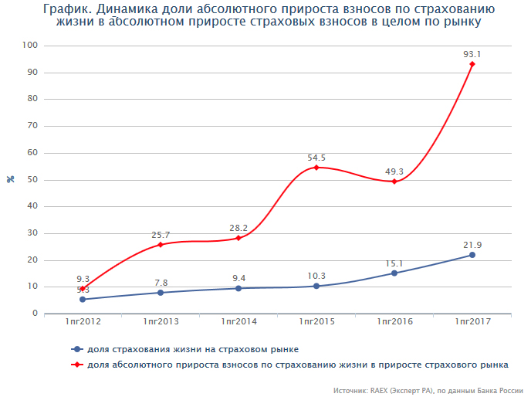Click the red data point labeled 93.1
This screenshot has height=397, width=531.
coord(472,64)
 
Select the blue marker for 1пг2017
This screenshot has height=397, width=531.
coord(472,255)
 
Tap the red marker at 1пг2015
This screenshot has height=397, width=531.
coord(316,168)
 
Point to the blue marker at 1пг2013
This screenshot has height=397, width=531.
coord(161,293)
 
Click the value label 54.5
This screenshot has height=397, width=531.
coord(316,158)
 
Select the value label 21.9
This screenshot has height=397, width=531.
coord(472,245)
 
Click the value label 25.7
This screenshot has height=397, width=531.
coord(161,234)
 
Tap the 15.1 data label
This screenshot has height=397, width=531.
coord(394,263)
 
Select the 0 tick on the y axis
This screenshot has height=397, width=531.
coord(36,314)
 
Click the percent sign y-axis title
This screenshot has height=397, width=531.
coord(11,180)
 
